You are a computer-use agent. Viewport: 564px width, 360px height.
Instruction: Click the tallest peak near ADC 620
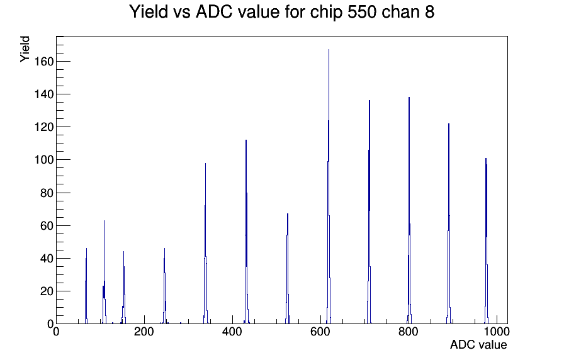(x=329, y=187)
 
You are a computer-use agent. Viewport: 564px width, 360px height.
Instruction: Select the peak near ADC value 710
(x=369, y=212)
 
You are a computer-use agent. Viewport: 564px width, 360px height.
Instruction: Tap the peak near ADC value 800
(x=409, y=210)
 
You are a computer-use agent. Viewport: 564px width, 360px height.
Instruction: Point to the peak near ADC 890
(x=449, y=223)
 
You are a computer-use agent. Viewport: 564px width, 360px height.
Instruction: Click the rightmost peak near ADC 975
(x=487, y=241)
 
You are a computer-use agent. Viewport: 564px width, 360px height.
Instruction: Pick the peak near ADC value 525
(x=288, y=269)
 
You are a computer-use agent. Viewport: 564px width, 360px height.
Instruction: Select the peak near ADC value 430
(x=246, y=232)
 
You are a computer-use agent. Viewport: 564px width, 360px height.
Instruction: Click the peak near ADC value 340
(x=205, y=244)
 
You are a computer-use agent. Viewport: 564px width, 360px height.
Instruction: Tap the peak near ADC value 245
(x=164, y=286)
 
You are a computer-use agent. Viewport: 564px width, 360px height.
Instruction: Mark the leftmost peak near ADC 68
(x=86, y=286)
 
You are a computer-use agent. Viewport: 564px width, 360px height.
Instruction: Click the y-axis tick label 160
(x=43, y=62)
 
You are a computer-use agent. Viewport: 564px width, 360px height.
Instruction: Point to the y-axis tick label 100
(x=43, y=160)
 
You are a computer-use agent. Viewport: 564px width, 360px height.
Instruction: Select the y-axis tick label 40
(x=47, y=258)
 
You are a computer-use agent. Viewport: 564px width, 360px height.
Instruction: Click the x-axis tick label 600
(x=320, y=332)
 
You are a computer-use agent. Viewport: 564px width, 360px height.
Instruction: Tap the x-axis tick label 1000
(x=497, y=332)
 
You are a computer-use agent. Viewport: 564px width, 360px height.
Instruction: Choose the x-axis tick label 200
(x=144, y=332)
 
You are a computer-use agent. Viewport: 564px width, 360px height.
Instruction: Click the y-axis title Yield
(x=25, y=49)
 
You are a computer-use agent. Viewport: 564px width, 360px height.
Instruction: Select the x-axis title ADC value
(x=478, y=345)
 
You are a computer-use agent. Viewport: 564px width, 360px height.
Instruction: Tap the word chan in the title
(x=400, y=12)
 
